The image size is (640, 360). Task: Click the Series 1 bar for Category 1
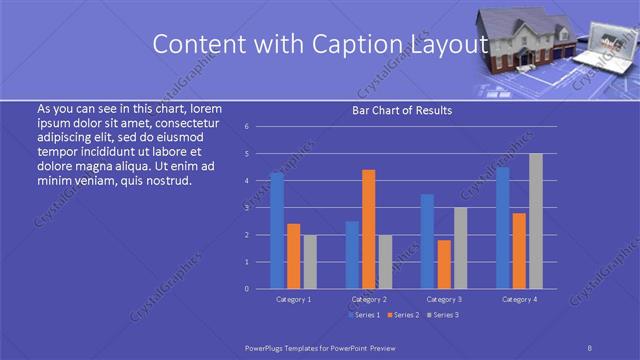tap(277, 231)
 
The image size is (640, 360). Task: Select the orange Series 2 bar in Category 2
tap(368, 229)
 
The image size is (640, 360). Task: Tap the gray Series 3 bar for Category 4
tap(535, 221)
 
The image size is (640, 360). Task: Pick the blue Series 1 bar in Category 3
tap(427, 241)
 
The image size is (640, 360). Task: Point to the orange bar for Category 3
tap(444, 264)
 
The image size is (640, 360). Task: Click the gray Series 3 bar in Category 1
tap(310, 261)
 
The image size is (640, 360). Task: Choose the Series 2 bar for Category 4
tap(519, 250)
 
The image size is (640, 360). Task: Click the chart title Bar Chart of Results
tap(402, 110)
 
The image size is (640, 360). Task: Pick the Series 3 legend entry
tap(441, 315)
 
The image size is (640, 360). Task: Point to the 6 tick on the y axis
tap(246, 127)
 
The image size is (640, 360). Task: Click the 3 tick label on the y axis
tap(246, 208)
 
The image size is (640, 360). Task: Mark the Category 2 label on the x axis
tap(369, 299)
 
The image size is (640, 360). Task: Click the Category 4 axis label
tap(519, 299)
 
